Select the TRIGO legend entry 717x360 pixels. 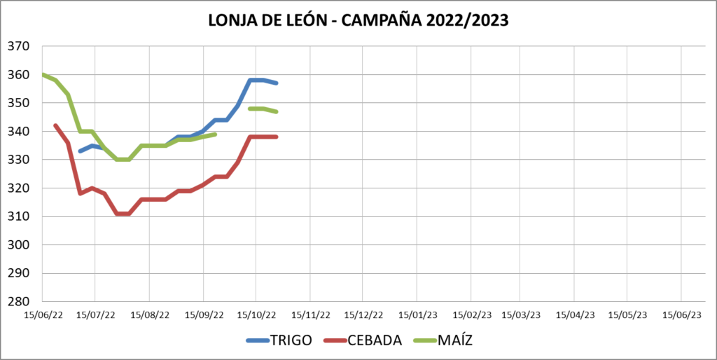tap(286, 340)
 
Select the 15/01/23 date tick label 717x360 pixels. tap(418, 315)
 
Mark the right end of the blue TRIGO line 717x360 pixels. tap(277, 83)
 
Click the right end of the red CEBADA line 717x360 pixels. tap(277, 137)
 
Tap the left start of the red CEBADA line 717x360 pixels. tap(55, 125)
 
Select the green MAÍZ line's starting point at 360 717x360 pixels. tap(43, 74)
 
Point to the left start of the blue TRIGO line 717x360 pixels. tap(80, 151)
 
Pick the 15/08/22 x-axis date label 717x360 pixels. tap(150, 315)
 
